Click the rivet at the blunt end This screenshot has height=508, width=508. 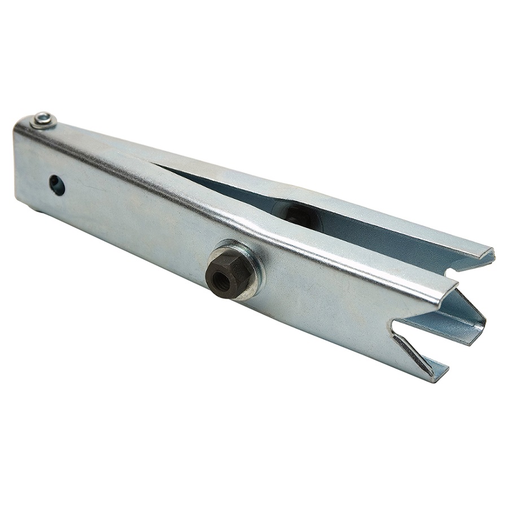[43, 120]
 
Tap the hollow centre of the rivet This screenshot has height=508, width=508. [43, 119]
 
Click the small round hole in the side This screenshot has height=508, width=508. [56, 185]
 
